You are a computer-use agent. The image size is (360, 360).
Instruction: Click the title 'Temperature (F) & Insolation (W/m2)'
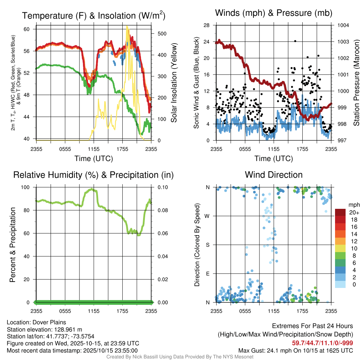pos(94,16)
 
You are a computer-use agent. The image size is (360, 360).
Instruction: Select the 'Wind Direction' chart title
pos(274,175)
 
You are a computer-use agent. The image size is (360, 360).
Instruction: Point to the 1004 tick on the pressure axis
pos(343,25)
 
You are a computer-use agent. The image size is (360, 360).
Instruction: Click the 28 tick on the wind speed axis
pos(207,25)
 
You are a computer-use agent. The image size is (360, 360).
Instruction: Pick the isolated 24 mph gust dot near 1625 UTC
pos(295,41)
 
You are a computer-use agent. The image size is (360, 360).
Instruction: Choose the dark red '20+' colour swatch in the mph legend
pos(341,212)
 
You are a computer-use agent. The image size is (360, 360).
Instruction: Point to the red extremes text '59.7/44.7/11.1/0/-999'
pos(322,343)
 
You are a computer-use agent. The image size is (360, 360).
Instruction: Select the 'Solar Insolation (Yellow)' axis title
pos(174,83)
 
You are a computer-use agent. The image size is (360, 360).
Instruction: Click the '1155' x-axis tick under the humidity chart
pos(94,311)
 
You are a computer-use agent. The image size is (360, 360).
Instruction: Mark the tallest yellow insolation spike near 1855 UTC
pos(127,28)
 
